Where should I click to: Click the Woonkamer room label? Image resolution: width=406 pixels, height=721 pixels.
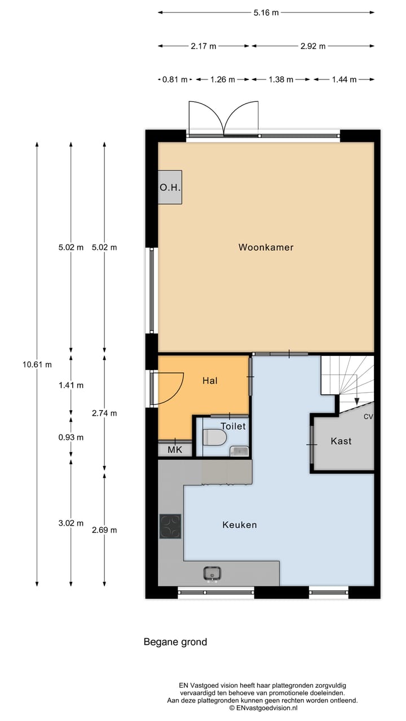266,247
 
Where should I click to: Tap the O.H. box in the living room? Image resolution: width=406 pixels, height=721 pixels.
170,188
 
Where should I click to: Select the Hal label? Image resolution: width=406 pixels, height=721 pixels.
210,381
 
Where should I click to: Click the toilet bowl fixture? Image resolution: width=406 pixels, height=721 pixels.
215,437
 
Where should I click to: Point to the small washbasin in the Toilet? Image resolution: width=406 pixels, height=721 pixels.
240,450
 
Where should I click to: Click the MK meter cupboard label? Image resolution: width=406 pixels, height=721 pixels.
175,450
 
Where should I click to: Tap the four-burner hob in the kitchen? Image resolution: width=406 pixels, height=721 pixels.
170,526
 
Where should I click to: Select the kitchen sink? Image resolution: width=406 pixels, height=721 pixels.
212,573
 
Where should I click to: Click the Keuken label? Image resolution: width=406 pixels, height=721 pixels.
240,525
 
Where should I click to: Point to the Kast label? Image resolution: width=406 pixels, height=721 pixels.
341,441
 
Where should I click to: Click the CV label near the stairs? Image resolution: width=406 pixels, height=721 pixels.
368,417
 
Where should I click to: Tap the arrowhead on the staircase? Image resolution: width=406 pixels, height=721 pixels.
356,401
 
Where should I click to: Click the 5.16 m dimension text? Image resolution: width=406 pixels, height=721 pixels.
267,12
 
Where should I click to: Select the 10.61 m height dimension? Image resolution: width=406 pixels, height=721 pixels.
37,364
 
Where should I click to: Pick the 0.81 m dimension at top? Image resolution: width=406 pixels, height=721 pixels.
174,79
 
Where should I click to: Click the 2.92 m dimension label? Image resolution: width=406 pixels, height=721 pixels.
313,46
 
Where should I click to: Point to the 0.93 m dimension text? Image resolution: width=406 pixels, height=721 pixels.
71,437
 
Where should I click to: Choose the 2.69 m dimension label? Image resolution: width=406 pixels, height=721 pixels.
104,530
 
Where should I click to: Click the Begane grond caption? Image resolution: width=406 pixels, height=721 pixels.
175,642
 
